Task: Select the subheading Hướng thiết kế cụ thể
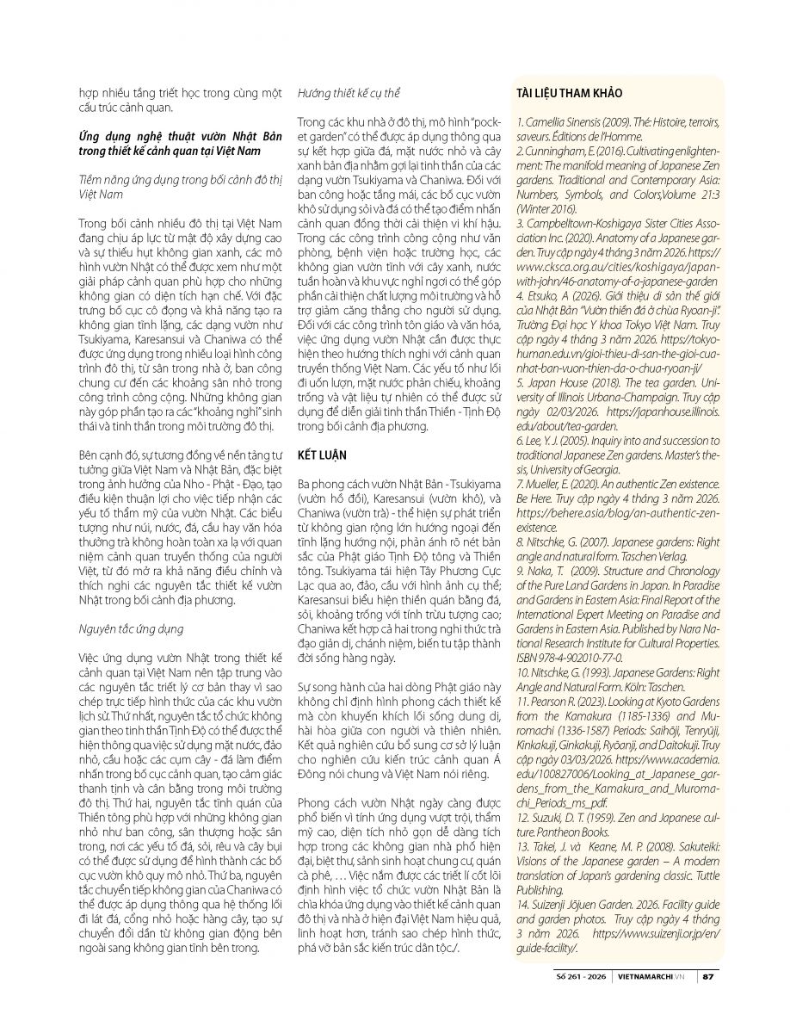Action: click(349, 92)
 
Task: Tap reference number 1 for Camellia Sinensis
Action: click(519, 121)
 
